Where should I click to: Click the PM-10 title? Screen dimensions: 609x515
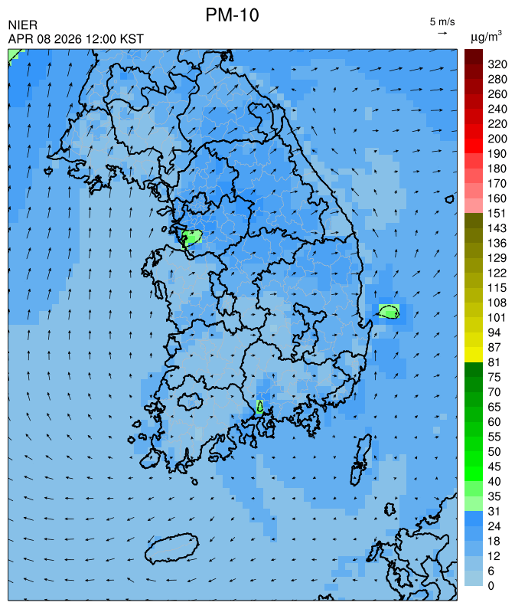click(x=237, y=15)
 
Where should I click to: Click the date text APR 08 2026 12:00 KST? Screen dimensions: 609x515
click(x=76, y=39)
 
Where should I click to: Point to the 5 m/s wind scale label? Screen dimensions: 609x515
click(x=442, y=21)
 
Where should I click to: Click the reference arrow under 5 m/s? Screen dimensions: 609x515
click(x=442, y=33)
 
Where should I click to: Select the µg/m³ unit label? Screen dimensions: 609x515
click(x=486, y=36)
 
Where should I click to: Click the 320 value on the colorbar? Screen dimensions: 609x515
click(x=497, y=64)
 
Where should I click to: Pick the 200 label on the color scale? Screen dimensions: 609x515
click(x=497, y=139)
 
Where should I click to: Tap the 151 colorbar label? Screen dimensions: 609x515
click(x=497, y=213)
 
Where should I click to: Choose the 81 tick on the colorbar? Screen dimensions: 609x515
click(x=494, y=362)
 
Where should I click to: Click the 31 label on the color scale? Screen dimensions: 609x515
click(x=494, y=511)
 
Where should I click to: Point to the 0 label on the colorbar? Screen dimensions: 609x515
click(x=491, y=585)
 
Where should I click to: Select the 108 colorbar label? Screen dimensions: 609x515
click(x=497, y=303)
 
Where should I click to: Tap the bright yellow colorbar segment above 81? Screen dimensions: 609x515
click(x=473, y=355)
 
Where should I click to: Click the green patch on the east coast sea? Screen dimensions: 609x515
click(x=389, y=311)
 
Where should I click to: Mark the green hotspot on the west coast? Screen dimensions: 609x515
click(x=191, y=237)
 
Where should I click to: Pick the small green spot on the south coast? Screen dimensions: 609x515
click(x=260, y=407)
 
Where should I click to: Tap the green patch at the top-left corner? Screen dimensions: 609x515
click(x=15, y=54)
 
